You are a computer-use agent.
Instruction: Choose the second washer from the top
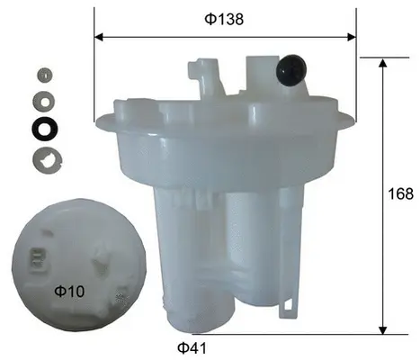[x=42, y=97]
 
